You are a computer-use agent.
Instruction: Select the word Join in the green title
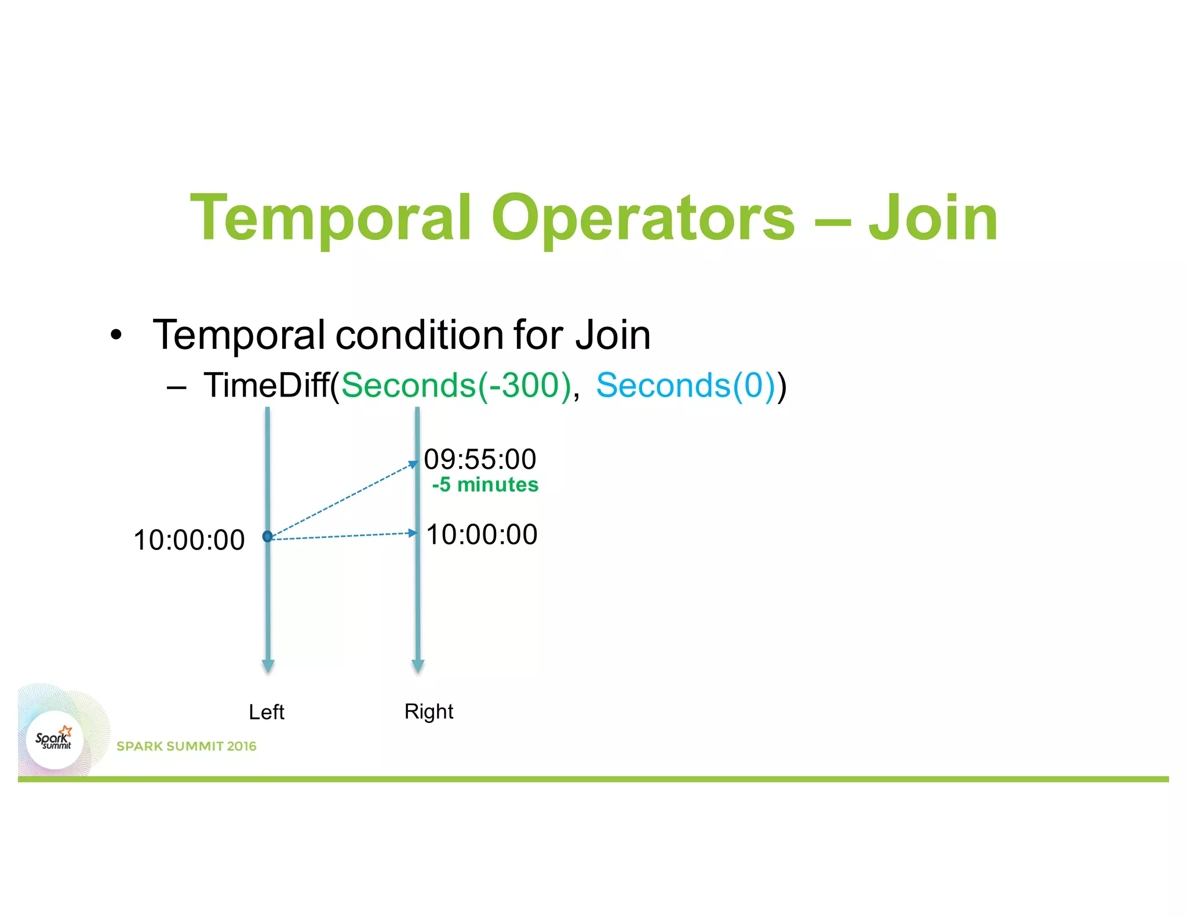[x=933, y=219]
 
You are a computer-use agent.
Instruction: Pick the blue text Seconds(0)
[x=686, y=385]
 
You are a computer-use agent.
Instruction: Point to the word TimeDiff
[x=267, y=385]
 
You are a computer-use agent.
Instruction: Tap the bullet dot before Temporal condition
[x=116, y=336]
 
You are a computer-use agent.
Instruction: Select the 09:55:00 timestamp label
[x=480, y=459]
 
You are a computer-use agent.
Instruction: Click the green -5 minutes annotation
[x=485, y=485]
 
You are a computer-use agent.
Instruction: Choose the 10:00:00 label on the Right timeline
[x=482, y=534]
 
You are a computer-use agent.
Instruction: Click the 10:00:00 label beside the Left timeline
[x=189, y=540]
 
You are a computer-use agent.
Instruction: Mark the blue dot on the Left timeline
[x=267, y=536]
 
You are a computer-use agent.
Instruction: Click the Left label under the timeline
[x=266, y=712]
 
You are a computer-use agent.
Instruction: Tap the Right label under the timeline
[x=428, y=711]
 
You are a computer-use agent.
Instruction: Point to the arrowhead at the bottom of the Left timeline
[x=268, y=666]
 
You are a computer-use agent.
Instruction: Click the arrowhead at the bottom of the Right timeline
[x=418, y=666]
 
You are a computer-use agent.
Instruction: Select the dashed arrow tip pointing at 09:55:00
[x=413, y=464]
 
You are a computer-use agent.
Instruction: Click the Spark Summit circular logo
[x=54, y=740]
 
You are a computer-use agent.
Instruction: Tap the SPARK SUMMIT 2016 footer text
[x=186, y=746]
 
